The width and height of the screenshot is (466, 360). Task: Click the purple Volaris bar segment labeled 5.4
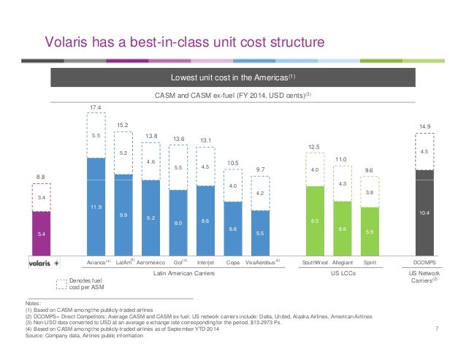point(42,234)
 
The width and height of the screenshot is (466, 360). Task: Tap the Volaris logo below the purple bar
point(45,263)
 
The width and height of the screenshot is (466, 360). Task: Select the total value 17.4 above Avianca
point(96,107)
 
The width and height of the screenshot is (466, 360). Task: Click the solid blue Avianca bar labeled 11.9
point(96,207)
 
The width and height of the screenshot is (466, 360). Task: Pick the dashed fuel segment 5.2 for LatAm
point(123,153)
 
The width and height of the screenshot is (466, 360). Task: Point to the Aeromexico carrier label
point(150,263)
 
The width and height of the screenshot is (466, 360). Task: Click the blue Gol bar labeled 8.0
point(178,223)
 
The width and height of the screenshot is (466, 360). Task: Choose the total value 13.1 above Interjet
point(205,140)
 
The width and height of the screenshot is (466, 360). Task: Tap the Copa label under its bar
point(233,263)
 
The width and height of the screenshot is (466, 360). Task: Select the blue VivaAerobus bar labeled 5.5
point(260,233)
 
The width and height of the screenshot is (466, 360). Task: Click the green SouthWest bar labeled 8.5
point(315,221)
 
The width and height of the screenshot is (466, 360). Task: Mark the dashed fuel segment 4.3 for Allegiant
point(343,183)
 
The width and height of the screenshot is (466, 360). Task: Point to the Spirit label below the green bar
point(370,263)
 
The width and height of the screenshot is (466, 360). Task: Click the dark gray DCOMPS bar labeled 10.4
point(424,212)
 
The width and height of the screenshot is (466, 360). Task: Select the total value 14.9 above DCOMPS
point(424,126)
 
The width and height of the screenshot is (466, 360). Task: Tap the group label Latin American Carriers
point(183,273)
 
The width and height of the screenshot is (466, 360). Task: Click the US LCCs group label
point(343,273)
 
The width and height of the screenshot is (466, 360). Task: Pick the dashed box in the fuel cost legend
point(61,284)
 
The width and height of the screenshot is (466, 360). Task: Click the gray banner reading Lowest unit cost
point(233,77)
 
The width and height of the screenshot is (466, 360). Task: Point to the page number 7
point(437,329)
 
